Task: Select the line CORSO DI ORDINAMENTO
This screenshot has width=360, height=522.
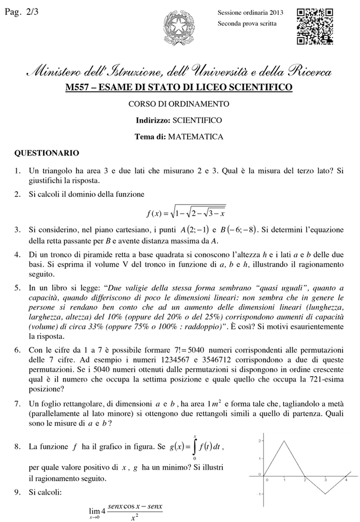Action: (179, 103)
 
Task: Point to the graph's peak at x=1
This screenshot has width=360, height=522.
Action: (285, 441)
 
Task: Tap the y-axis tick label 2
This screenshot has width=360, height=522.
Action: (259, 440)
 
